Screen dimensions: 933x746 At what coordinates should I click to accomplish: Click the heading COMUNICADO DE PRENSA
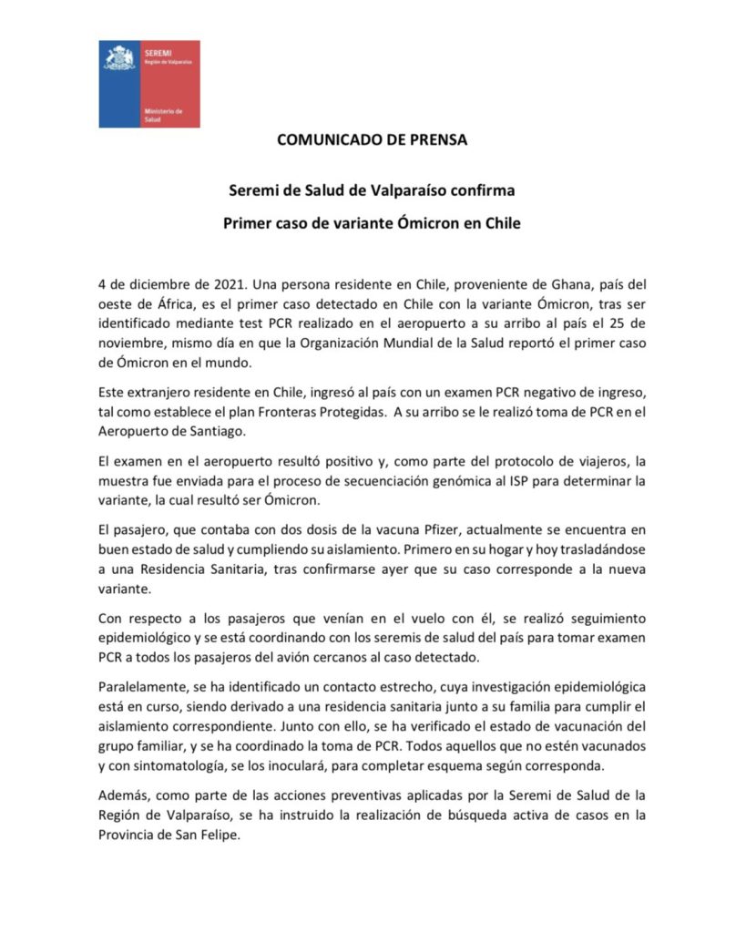point(373,140)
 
